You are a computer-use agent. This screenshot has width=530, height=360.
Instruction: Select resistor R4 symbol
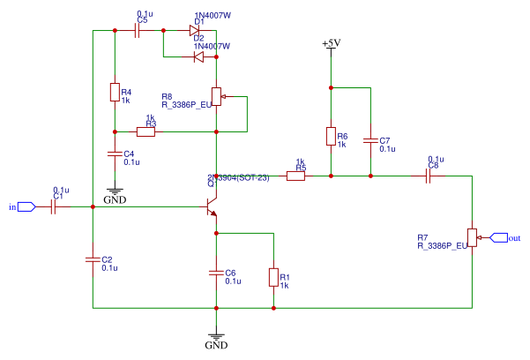pyautogui.click(x=115, y=93)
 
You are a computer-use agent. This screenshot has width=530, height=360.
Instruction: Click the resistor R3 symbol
pyautogui.click(x=146, y=132)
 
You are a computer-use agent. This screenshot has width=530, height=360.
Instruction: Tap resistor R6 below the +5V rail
pyautogui.click(x=331, y=137)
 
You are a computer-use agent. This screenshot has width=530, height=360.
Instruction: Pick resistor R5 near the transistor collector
pyautogui.click(x=295, y=176)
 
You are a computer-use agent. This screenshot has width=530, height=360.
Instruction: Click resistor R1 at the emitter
pyautogui.click(x=273, y=278)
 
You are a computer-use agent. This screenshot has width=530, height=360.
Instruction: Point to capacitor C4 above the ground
pyautogui.click(x=115, y=154)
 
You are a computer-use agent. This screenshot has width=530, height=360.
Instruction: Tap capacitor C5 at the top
pyautogui.click(x=138, y=31)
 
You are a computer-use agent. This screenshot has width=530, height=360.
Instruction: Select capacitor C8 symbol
pyautogui.click(x=428, y=176)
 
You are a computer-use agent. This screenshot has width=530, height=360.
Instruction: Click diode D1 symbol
pyautogui.click(x=196, y=31)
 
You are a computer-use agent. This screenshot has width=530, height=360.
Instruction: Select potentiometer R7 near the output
pyautogui.click(x=473, y=236)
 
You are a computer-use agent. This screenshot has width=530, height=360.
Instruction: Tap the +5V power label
pyautogui.click(x=331, y=43)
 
